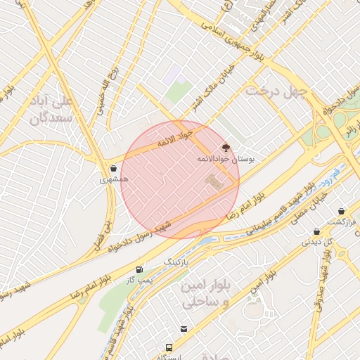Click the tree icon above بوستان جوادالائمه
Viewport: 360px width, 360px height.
point(226,148)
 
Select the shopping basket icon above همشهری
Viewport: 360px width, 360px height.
point(114,168)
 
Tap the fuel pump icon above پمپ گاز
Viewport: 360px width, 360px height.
point(139,269)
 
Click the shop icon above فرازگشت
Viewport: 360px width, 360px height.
point(341,212)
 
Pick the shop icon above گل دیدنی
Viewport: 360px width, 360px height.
point(317,231)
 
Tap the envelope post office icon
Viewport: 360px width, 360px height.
point(184,328)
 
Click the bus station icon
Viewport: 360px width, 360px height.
point(169,347)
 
